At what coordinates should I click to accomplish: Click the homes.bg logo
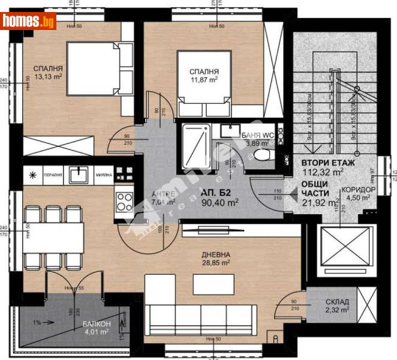29,22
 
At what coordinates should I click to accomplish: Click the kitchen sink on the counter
79,174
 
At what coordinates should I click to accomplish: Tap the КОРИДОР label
359,190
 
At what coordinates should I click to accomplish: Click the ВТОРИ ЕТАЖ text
328,163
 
